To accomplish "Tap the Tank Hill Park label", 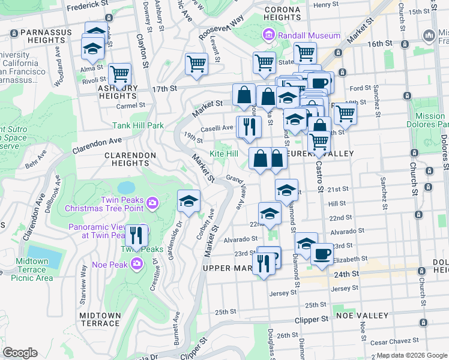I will click(138, 126).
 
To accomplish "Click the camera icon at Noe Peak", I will click(137, 264).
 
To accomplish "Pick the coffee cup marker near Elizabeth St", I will click(322, 254).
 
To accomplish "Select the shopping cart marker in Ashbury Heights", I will click(120, 74).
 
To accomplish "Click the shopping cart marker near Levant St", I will click(196, 64).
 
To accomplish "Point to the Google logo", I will click(20, 353).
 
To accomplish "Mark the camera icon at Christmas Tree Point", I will click(152, 203).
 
